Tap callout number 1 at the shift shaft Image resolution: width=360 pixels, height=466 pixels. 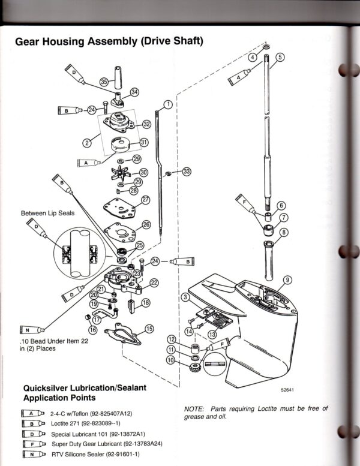[x=168, y=104]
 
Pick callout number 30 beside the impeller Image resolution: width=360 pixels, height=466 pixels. [x=143, y=172]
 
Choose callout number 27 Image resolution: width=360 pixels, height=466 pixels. [x=146, y=199]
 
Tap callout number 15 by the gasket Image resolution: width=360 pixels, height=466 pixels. [x=149, y=328]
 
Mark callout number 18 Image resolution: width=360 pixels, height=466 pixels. [x=146, y=304]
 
